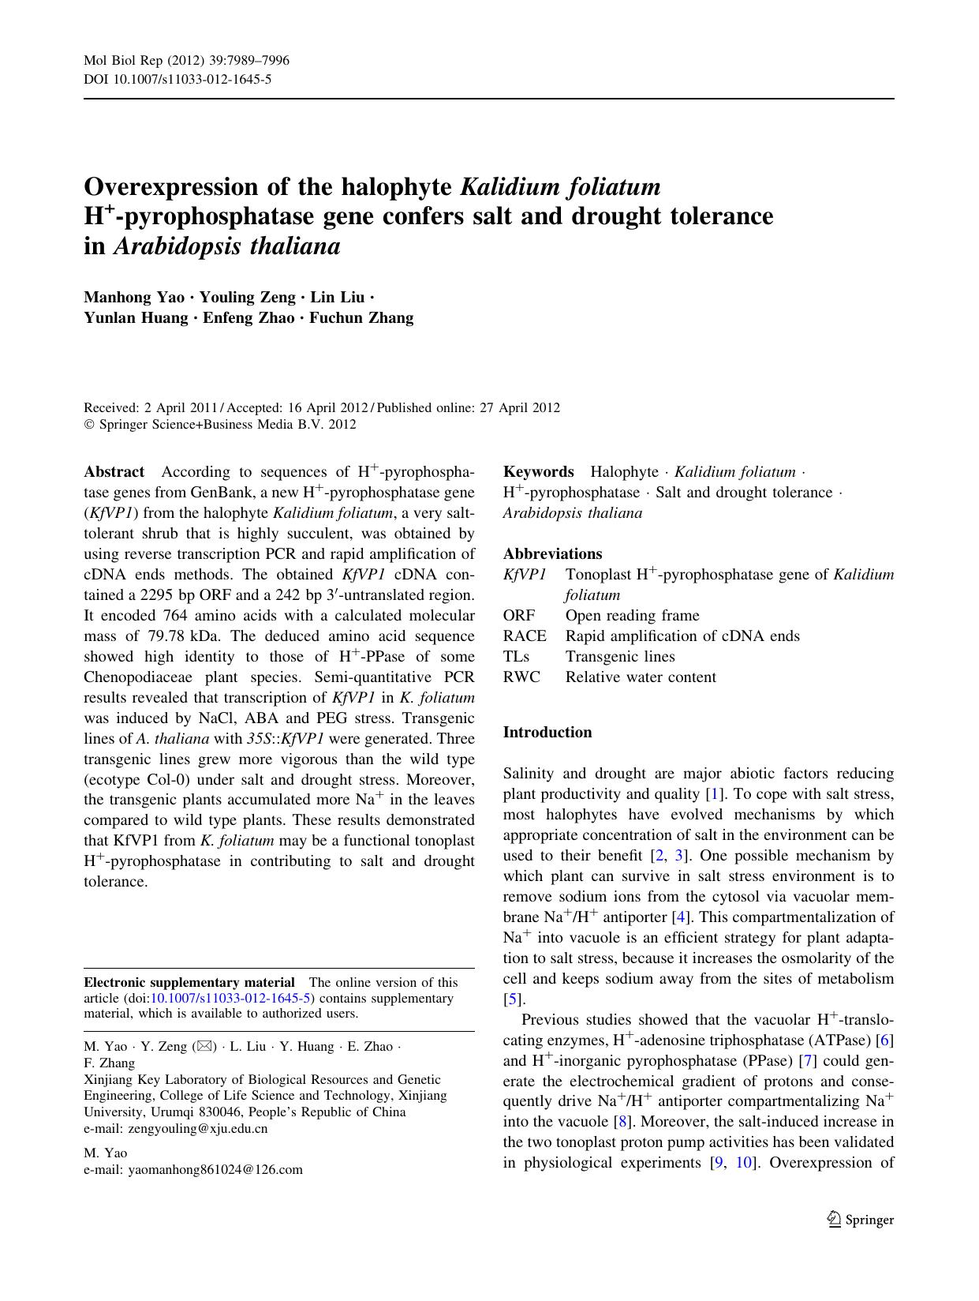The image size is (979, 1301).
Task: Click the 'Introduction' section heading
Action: point(547,732)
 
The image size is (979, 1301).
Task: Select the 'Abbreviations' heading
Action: point(552,553)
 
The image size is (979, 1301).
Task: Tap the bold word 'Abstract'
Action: point(114,471)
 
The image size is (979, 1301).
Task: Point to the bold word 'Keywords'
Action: point(538,471)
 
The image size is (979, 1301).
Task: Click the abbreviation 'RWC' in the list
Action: point(521,677)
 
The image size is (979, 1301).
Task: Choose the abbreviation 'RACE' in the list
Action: point(525,636)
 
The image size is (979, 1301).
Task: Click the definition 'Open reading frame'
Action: point(632,615)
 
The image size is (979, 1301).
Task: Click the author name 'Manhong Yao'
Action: point(134,297)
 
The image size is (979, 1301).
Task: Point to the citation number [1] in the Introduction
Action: point(715,793)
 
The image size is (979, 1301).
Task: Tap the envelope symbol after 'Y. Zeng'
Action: point(204,1046)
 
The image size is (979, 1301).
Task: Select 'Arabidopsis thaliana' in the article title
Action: point(227,246)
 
